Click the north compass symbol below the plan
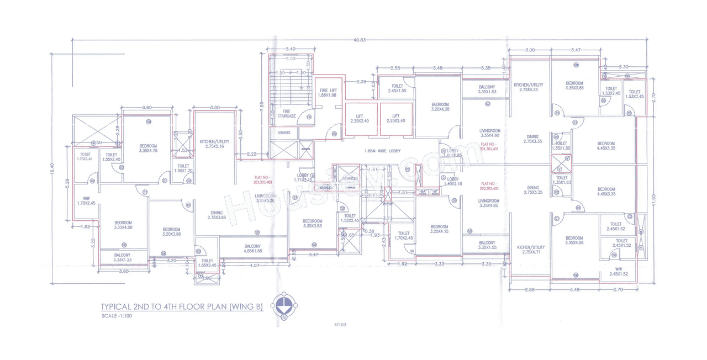[284, 305]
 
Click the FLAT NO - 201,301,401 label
[489, 146]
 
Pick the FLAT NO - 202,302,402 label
[489, 186]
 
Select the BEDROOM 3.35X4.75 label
[149, 147]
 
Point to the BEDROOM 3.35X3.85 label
[574, 86]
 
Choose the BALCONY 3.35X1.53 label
[487, 89]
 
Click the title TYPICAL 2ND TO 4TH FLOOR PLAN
[182, 307]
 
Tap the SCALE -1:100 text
[117, 316]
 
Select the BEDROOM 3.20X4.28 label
[440, 107]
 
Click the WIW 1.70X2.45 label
[86, 200]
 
